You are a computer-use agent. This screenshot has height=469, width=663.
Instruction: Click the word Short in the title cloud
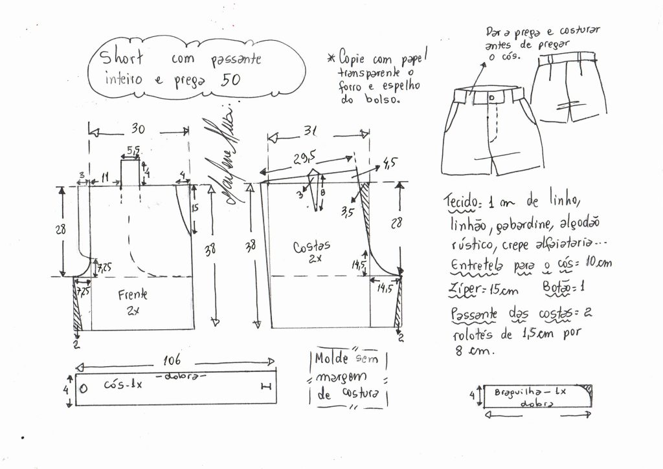click(x=124, y=58)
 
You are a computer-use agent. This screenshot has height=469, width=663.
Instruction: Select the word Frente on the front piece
click(x=133, y=295)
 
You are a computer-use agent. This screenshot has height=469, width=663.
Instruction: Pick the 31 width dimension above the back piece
click(x=311, y=131)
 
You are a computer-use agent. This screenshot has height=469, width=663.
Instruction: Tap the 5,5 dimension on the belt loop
click(x=133, y=150)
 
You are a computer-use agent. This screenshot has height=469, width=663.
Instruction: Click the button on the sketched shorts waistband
click(x=493, y=97)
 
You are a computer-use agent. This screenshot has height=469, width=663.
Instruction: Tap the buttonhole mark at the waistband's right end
click(x=265, y=387)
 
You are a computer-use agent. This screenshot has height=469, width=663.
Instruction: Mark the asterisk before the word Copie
click(x=330, y=59)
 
